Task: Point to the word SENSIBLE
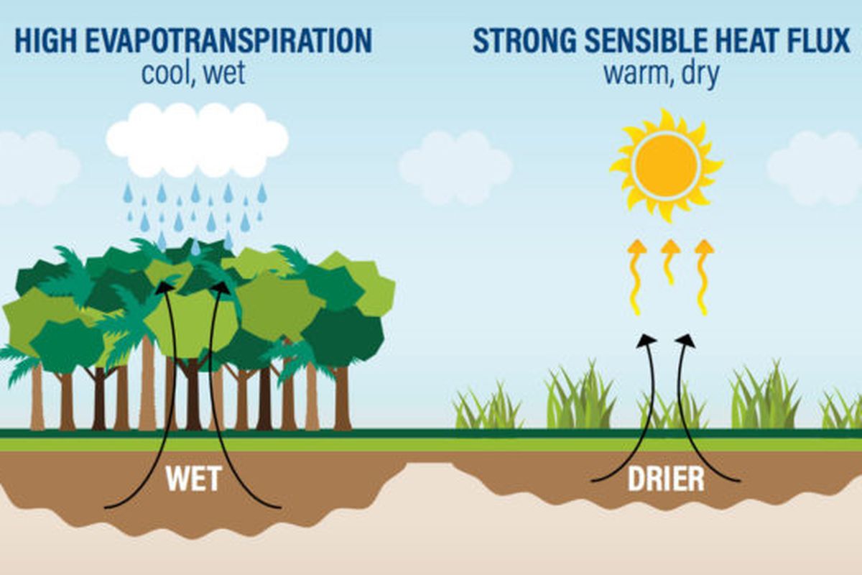click(x=635, y=41)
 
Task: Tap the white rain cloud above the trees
click(x=197, y=139)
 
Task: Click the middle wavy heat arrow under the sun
click(x=669, y=262)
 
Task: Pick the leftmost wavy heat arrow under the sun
click(x=636, y=277)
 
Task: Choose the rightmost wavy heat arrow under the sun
click(x=703, y=277)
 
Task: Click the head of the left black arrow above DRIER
click(x=647, y=340)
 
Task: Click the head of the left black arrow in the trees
click(x=167, y=287)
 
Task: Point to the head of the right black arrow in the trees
click(x=221, y=287)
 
